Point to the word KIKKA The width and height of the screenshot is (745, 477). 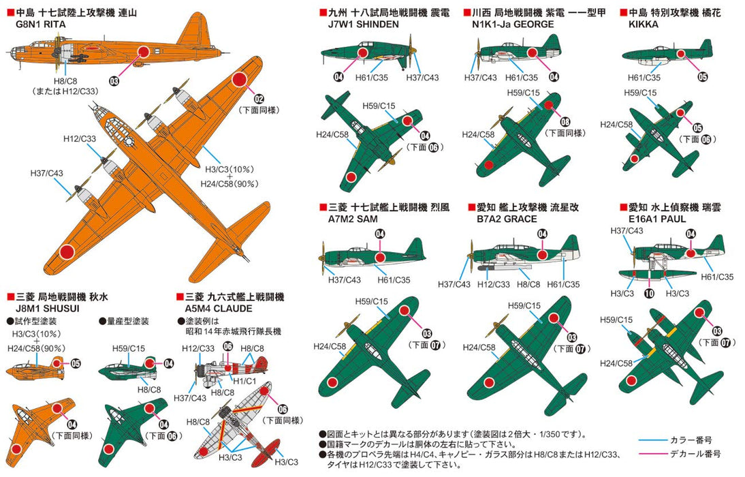(635, 24)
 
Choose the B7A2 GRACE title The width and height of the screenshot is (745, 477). (503, 219)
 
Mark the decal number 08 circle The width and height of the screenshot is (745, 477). (565, 121)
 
